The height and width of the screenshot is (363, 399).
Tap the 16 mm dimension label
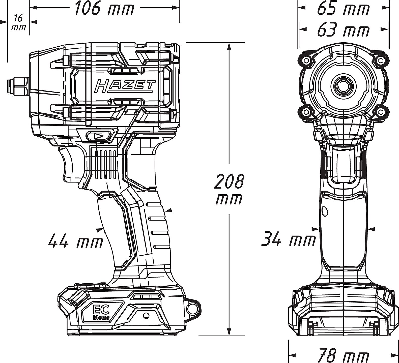coord(18,23)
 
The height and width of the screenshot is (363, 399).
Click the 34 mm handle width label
coord(288,240)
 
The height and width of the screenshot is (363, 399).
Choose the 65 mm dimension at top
coord(343,9)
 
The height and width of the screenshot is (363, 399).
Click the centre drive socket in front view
coord(343,86)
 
